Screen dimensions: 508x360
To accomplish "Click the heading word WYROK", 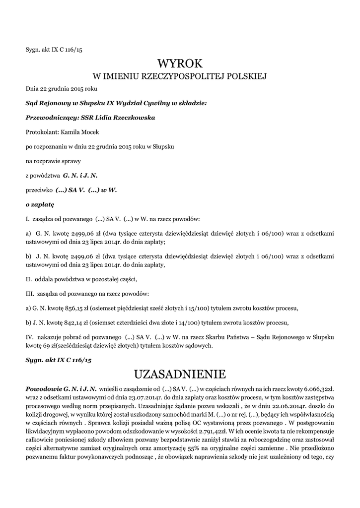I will (180, 63).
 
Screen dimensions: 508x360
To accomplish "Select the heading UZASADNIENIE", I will (180, 373).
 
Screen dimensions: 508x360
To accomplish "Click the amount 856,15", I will (67, 308).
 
